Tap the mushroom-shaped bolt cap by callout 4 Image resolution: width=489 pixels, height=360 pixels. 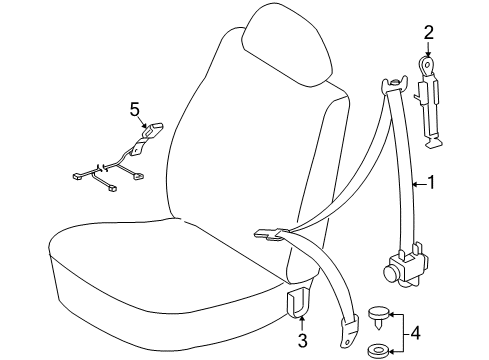point(380,316)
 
